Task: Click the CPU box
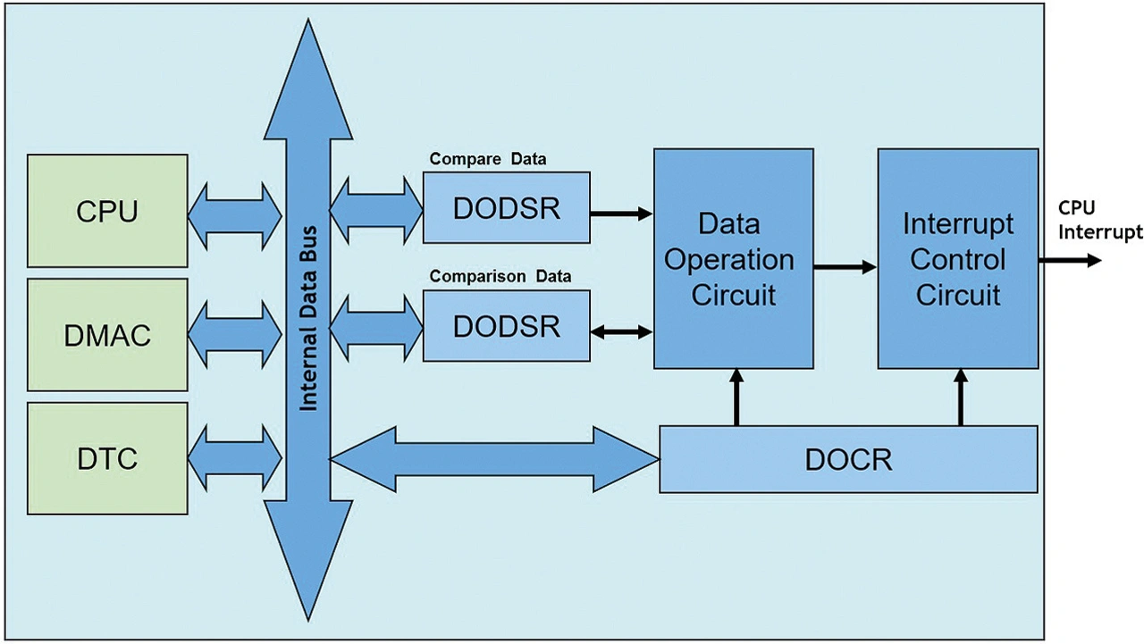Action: click(x=107, y=211)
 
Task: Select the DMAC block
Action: click(x=107, y=335)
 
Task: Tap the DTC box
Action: click(x=107, y=458)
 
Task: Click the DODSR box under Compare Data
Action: click(x=506, y=207)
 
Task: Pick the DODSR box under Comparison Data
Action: click(x=506, y=326)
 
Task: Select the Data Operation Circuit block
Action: click(x=733, y=259)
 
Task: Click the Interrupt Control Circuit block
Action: click(x=957, y=259)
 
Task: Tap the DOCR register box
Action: click(x=848, y=459)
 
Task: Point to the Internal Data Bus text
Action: click(x=308, y=322)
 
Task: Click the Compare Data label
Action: click(x=488, y=159)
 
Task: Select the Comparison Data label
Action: click(x=500, y=276)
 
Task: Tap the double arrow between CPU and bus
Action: click(x=235, y=211)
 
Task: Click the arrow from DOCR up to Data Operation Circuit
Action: click(x=736, y=398)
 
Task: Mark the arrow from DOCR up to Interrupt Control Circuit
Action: click(x=961, y=398)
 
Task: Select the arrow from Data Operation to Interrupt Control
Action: click(x=845, y=265)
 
